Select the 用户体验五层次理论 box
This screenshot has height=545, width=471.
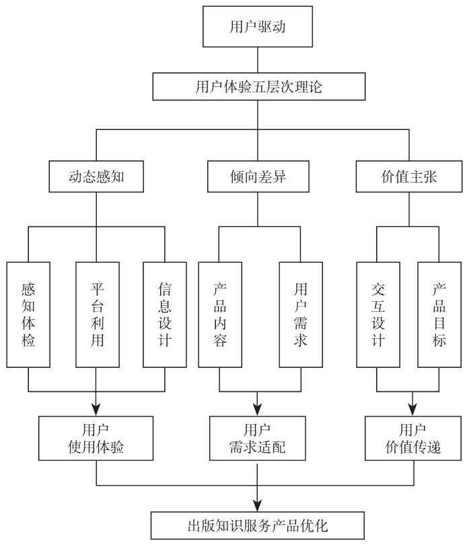pyautogui.click(x=258, y=86)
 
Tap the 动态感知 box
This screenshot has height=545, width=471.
pyautogui.click(x=97, y=177)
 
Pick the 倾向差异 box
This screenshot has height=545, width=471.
pyautogui.click(x=258, y=177)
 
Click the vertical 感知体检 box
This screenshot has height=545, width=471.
pyautogui.click(x=28, y=315)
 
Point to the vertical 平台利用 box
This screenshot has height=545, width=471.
pyautogui.click(x=97, y=315)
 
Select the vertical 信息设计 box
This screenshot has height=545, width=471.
pyautogui.click(x=164, y=315)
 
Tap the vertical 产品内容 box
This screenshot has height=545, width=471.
pyautogui.click(x=219, y=315)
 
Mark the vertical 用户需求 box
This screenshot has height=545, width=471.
pyautogui.click(x=300, y=315)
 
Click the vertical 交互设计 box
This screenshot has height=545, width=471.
pyautogui.click(x=377, y=315)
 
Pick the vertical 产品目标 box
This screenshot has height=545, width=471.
pyautogui.click(x=439, y=315)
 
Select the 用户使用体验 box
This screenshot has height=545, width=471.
pyautogui.click(x=97, y=437)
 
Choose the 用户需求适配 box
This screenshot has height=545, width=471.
pyautogui.click(x=258, y=437)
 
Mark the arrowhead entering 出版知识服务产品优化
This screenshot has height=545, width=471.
pyautogui.click(x=258, y=505)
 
